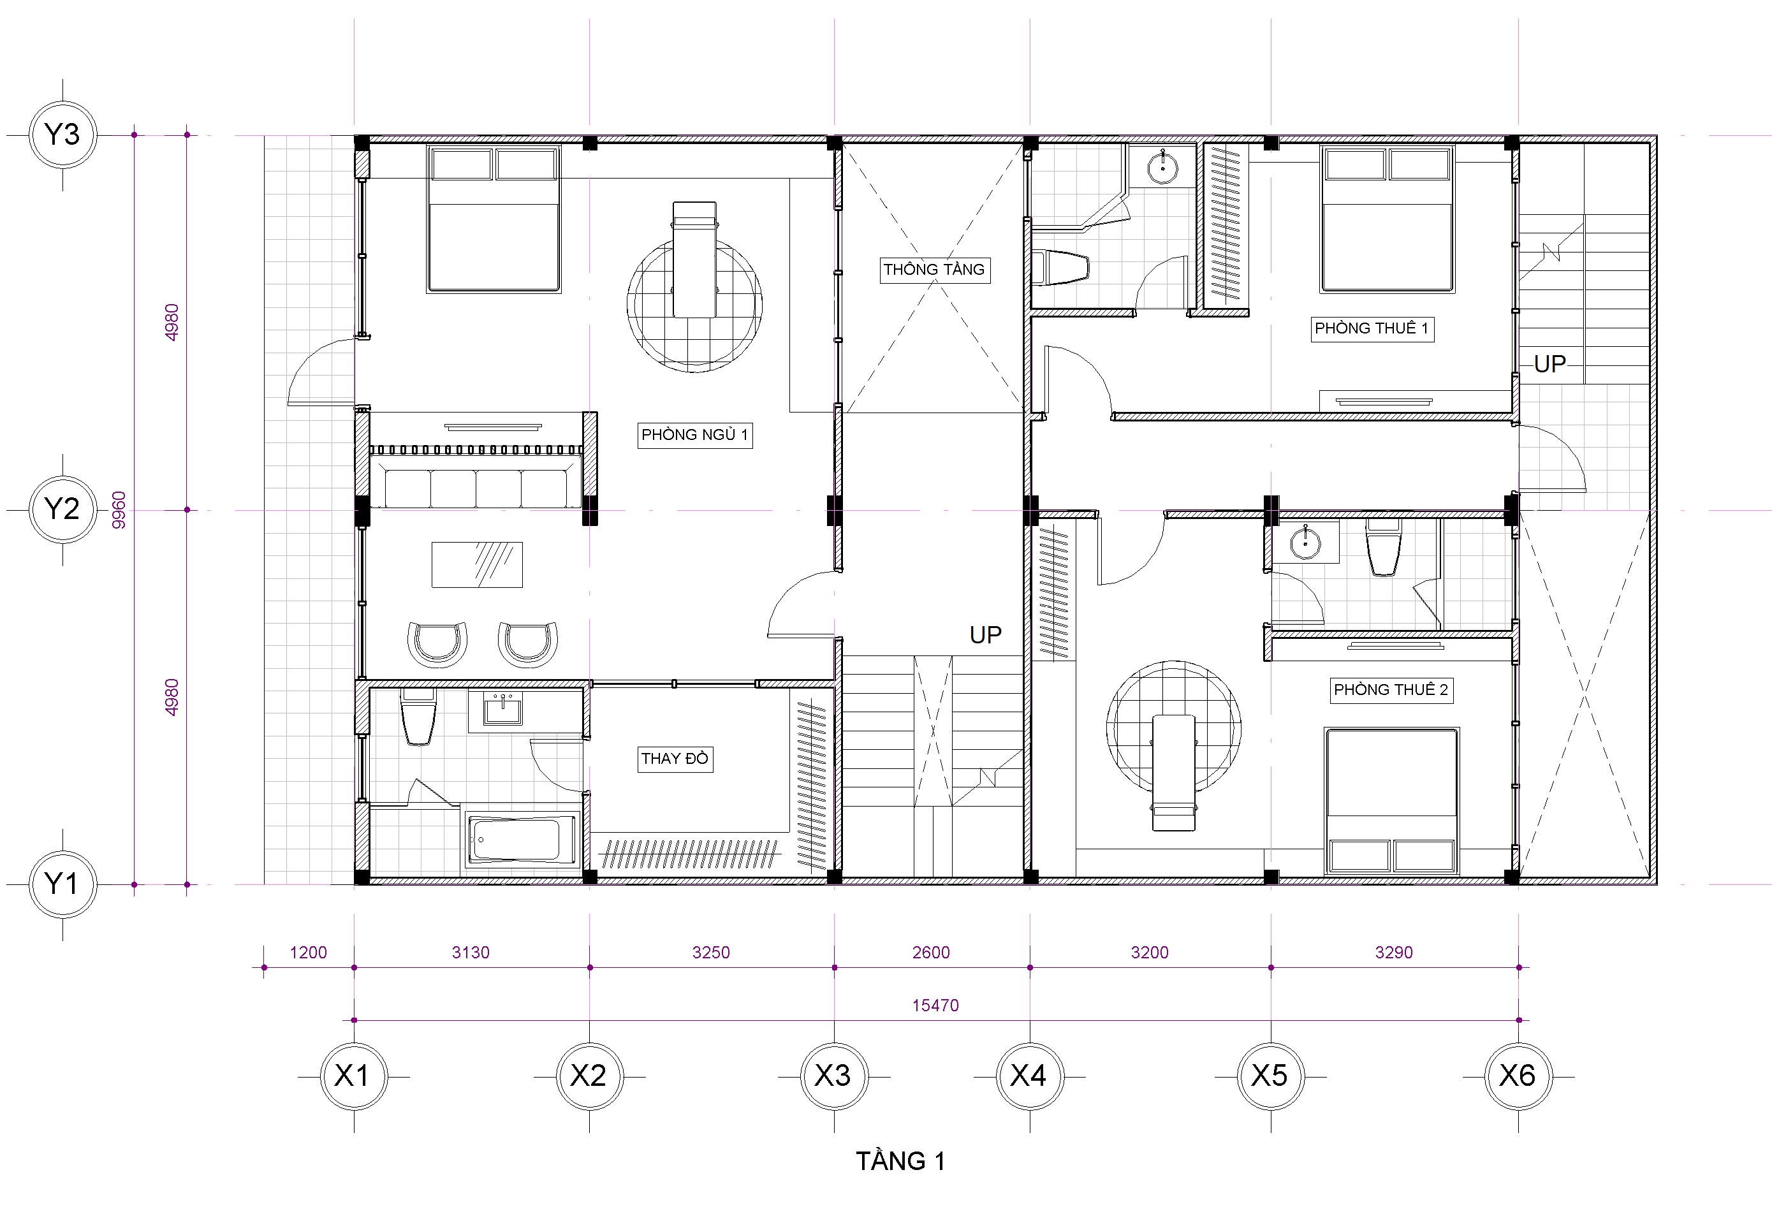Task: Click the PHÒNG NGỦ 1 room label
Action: pyautogui.click(x=694, y=435)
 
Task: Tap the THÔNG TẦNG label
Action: pyautogui.click(x=935, y=270)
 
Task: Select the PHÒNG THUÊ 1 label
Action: pyautogui.click(x=1372, y=328)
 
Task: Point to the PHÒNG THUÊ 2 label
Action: pyautogui.click(x=1391, y=690)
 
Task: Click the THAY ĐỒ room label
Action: pyautogui.click(x=675, y=759)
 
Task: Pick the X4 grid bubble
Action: pyautogui.click(x=1029, y=1076)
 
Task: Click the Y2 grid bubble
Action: pyautogui.click(x=62, y=509)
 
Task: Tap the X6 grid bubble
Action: pyautogui.click(x=1518, y=1076)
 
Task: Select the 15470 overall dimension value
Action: pyautogui.click(x=935, y=1006)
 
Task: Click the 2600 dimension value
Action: pyautogui.click(x=931, y=953)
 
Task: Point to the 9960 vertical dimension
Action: pyautogui.click(x=119, y=509)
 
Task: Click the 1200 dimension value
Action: pyautogui.click(x=308, y=953)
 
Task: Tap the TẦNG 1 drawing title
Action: pyautogui.click(x=900, y=1161)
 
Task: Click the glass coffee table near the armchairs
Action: pyautogui.click(x=478, y=565)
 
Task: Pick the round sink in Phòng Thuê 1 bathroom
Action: pyautogui.click(x=1162, y=167)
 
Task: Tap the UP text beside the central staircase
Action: pyautogui.click(x=985, y=635)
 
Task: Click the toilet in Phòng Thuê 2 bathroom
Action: pyautogui.click(x=1383, y=548)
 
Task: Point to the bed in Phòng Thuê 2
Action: pyautogui.click(x=1391, y=801)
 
